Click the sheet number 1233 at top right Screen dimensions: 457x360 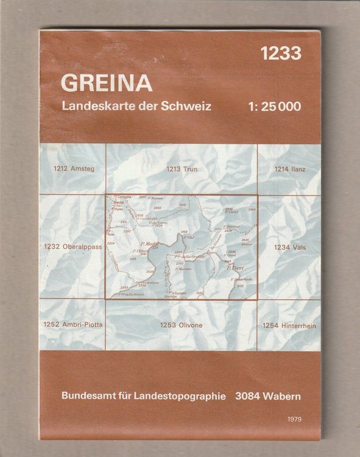[x=280, y=54]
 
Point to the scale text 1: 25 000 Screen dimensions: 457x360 [x=275, y=105]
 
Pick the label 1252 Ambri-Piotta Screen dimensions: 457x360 [x=73, y=325]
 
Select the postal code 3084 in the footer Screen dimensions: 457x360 [x=247, y=395]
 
